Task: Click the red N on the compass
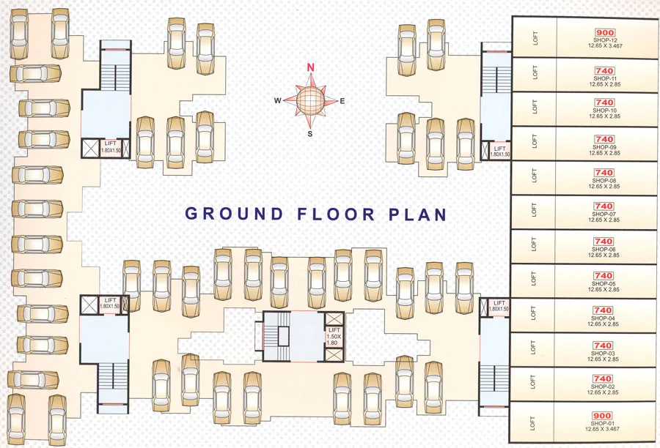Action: point(310,67)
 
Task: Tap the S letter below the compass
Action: point(309,134)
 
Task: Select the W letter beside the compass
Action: point(277,101)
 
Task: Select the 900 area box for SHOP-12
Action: point(604,33)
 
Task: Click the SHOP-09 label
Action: point(604,147)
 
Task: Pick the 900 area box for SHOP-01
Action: point(604,416)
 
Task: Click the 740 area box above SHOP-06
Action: point(604,242)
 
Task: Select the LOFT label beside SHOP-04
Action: point(535,312)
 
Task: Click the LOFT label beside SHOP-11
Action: point(535,72)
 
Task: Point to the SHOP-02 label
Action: point(604,386)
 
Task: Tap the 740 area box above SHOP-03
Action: point(604,346)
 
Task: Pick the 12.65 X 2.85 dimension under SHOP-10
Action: point(604,116)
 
